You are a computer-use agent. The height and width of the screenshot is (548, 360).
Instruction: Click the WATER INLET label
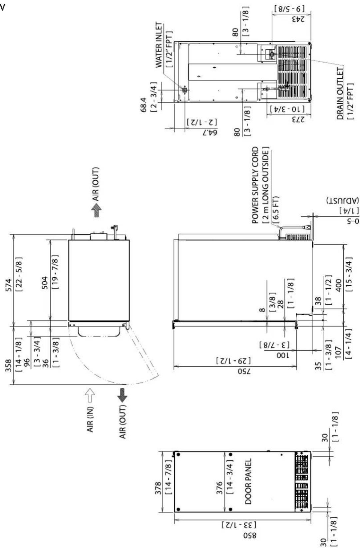click(159, 45)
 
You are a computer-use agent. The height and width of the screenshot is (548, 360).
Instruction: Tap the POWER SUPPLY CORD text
click(255, 185)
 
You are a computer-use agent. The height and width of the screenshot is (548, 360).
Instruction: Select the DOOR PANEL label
click(248, 481)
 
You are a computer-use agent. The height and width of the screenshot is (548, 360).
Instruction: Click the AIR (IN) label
click(90, 419)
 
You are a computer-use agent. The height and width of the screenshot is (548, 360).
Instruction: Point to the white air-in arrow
click(90, 395)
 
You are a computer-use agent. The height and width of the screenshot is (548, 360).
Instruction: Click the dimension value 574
click(9, 285)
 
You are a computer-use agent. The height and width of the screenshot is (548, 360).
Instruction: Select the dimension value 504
click(45, 283)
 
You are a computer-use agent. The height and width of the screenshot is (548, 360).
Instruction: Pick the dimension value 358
click(9, 366)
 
